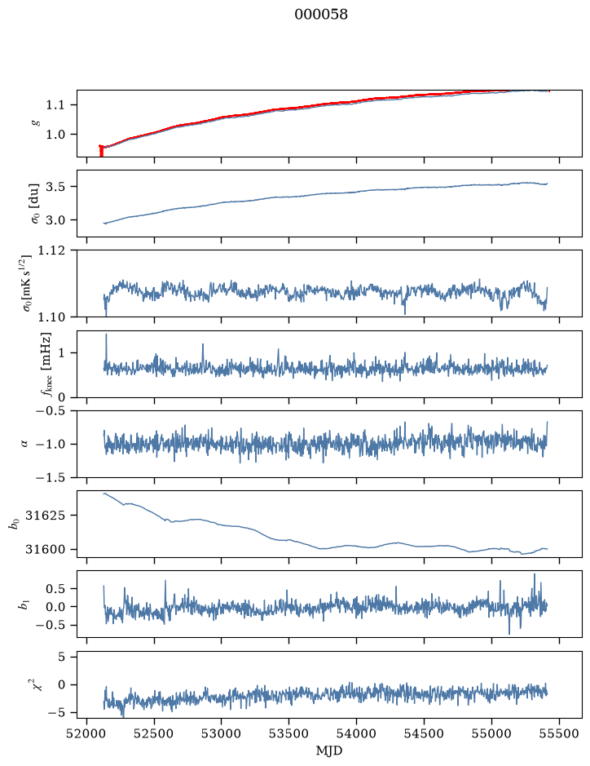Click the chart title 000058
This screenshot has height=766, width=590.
321,15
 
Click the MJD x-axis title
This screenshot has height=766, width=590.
329,751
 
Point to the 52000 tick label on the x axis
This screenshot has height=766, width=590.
87,733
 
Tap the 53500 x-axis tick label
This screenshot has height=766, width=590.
289,733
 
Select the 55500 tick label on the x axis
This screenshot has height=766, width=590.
559,733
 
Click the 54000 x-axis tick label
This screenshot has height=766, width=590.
356,733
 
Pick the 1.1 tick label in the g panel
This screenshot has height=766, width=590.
55,105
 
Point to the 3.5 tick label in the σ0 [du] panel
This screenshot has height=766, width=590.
55,187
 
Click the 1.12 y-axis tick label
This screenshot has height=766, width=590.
51,250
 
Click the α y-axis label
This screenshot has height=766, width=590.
24,444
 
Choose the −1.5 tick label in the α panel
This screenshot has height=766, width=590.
51,478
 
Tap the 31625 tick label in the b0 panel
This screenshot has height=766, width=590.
44,516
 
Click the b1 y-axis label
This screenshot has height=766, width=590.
23,604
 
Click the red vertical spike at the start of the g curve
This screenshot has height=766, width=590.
101,150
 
